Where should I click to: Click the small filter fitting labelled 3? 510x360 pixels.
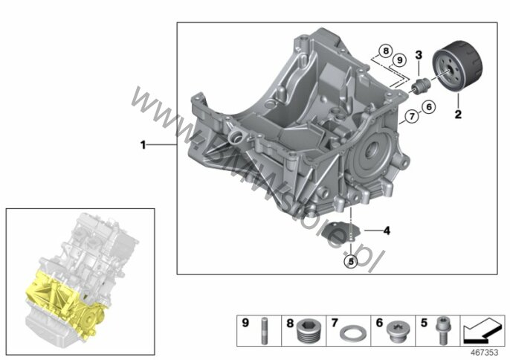click(x=421, y=86)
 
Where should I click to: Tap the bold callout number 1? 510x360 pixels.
click(x=143, y=144)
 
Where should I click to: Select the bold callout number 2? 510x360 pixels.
click(x=458, y=115)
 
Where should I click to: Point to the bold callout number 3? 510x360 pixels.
click(x=419, y=55)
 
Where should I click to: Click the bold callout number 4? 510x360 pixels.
click(x=387, y=231)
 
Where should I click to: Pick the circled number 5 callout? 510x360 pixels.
click(x=351, y=261)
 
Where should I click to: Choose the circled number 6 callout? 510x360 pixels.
click(x=429, y=106)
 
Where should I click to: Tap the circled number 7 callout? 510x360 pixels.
click(x=412, y=116)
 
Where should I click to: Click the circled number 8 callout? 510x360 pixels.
click(x=386, y=51)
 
